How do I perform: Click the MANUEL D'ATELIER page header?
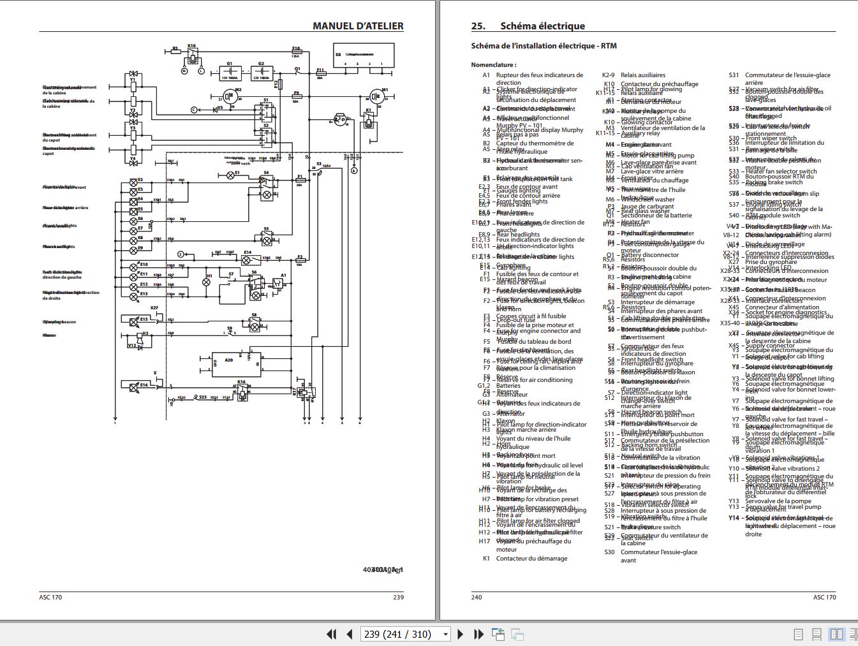click(358, 26)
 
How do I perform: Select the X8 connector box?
click(364, 56)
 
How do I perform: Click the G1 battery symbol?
click(230, 73)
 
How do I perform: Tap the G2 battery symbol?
click(261, 73)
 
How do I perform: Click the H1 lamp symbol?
click(207, 282)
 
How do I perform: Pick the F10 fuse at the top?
click(296, 53)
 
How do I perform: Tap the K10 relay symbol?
click(192, 56)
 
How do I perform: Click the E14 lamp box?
click(248, 260)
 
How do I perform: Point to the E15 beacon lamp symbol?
click(135, 321)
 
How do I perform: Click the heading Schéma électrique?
click(542, 26)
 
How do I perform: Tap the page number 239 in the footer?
click(398, 597)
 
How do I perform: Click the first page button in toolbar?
click(331, 634)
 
